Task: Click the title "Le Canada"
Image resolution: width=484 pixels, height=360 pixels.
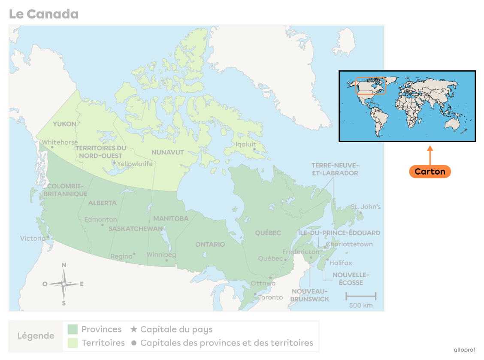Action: (43, 14)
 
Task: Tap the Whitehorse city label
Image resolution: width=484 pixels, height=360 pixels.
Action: (60, 142)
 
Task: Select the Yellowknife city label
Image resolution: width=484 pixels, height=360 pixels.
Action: (135, 164)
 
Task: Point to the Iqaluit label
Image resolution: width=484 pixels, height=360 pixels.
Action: (245, 144)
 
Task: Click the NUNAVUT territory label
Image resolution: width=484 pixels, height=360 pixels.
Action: (167, 152)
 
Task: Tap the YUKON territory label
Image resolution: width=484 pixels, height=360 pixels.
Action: (64, 124)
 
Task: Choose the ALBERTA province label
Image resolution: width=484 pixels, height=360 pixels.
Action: (102, 203)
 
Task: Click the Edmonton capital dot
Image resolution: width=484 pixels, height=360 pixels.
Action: (102, 224)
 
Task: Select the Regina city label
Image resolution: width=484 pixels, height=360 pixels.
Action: (121, 257)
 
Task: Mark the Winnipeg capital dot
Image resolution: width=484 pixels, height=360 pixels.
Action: (167, 260)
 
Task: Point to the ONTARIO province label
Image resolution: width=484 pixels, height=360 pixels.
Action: (210, 244)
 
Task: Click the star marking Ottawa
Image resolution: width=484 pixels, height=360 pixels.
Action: (270, 278)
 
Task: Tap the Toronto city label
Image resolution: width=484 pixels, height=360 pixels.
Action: (270, 297)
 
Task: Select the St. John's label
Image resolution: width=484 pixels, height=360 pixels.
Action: (366, 207)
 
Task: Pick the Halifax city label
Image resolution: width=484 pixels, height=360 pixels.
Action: (341, 263)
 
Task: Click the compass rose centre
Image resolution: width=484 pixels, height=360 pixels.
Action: (64, 284)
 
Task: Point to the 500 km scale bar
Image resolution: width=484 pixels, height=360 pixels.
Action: (361, 296)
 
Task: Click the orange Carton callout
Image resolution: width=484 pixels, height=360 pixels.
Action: (430, 172)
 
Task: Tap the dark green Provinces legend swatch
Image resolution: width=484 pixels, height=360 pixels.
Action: (73, 330)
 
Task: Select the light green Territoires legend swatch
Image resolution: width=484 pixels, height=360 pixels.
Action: (73, 343)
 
